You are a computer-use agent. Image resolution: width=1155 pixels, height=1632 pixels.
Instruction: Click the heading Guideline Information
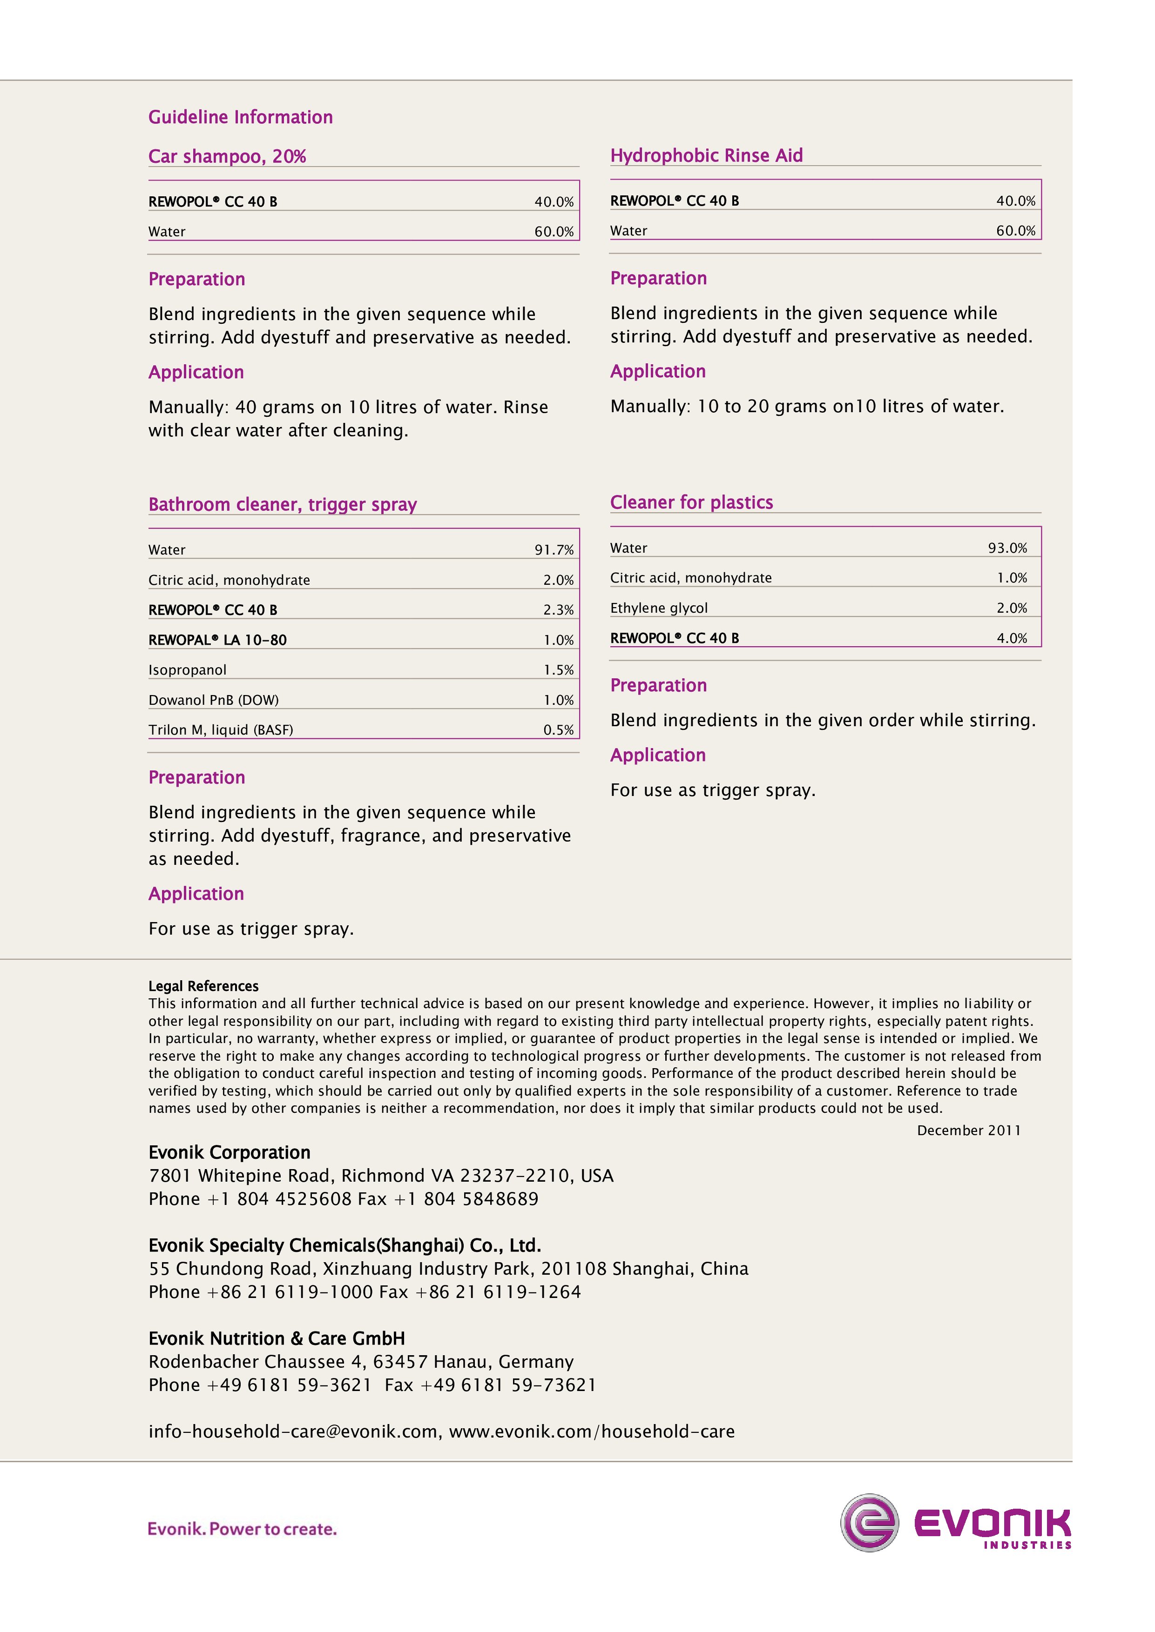pyautogui.click(x=240, y=117)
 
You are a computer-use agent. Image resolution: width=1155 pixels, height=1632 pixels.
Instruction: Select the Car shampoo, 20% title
pyautogui.click(x=227, y=156)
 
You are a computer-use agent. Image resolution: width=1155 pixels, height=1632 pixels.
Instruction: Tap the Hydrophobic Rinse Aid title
pyautogui.click(x=706, y=156)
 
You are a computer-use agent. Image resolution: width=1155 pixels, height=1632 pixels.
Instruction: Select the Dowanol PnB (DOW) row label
pyautogui.click(x=213, y=700)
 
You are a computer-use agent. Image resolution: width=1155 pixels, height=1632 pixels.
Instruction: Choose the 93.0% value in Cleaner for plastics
pyautogui.click(x=1007, y=548)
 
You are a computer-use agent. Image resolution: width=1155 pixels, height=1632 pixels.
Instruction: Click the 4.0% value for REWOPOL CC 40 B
pyautogui.click(x=1011, y=638)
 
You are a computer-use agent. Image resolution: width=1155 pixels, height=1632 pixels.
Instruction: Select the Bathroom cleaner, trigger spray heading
pyautogui.click(x=283, y=505)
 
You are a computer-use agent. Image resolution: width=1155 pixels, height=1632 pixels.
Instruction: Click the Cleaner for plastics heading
pyautogui.click(x=691, y=502)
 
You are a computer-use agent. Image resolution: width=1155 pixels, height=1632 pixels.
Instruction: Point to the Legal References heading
pyautogui.click(x=203, y=986)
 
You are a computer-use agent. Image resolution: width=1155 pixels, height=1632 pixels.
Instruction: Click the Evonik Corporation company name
pyautogui.click(x=229, y=1152)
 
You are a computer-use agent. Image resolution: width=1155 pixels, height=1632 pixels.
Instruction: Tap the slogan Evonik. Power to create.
pyautogui.click(x=242, y=1528)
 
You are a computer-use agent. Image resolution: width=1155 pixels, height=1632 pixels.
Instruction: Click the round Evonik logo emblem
pyautogui.click(x=869, y=1523)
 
